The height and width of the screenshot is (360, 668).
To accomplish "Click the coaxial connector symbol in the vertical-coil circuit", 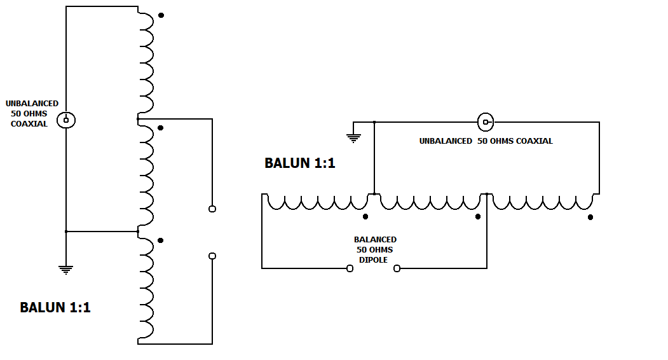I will (x=66, y=120).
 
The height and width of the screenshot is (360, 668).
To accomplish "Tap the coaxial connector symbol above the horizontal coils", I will (x=486, y=121).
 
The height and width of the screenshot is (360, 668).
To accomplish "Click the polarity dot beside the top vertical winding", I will (x=161, y=15).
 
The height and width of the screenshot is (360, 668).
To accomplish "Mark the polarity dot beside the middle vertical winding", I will (x=161, y=128).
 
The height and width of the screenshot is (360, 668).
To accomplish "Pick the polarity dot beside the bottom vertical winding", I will (x=161, y=240).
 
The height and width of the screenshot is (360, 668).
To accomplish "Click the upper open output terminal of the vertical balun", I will (x=212, y=209).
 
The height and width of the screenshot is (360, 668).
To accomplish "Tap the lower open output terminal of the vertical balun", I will (x=212, y=256).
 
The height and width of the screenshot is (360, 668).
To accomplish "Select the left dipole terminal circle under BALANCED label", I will (x=350, y=268).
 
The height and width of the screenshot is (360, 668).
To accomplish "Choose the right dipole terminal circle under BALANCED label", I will (x=397, y=268).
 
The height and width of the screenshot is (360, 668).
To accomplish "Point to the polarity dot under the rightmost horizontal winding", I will (x=590, y=217).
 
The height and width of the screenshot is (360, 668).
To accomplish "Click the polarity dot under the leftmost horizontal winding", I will (x=365, y=217).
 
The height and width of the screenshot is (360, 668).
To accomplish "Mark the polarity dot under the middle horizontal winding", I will (x=478, y=217).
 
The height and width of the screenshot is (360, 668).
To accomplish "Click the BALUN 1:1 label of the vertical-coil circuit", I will (x=55, y=308).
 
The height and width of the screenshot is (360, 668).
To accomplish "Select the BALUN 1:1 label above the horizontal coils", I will (x=299, y=163).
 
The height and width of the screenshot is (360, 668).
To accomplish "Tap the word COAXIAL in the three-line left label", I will (x=29, y=124).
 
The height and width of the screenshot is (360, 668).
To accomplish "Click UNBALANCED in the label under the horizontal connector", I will (x=445, y=141).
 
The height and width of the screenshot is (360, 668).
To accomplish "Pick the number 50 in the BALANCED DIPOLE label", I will (x=361, y=249).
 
